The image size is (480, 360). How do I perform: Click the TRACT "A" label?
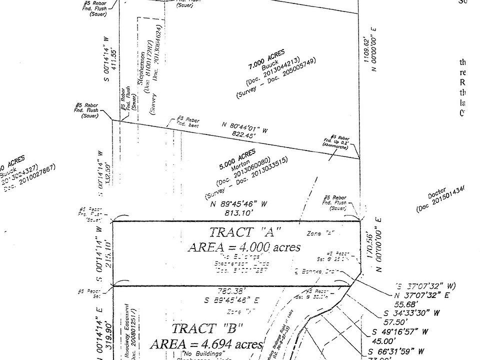click(245, 232)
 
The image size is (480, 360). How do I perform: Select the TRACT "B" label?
click(207, 329)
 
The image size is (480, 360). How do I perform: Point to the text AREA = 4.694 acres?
click(206, 344)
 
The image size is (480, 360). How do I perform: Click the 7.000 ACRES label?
click(266, 59)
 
